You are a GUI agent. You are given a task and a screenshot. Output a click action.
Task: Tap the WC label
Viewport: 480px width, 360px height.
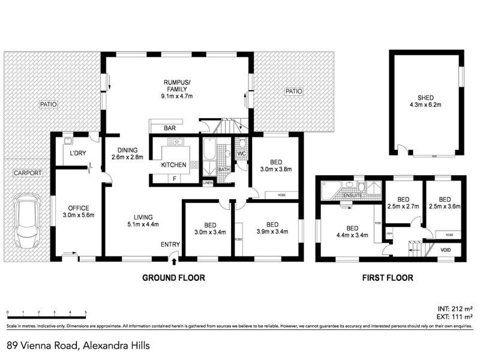click(242, 154)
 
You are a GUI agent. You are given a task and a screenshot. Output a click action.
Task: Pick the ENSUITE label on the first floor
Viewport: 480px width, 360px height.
click(352, 196)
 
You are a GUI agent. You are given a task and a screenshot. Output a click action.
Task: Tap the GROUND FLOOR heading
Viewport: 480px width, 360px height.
click(173, 278)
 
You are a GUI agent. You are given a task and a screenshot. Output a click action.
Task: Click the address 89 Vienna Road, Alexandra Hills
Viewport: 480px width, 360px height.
click(78, 345)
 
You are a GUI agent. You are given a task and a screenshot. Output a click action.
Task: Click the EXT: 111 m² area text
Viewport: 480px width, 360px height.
click(454, 316)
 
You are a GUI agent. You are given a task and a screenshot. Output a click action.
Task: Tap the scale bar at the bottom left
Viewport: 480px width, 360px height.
click(46, 313)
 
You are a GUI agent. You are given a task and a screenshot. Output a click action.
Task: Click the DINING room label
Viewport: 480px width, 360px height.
click(128, 150)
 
